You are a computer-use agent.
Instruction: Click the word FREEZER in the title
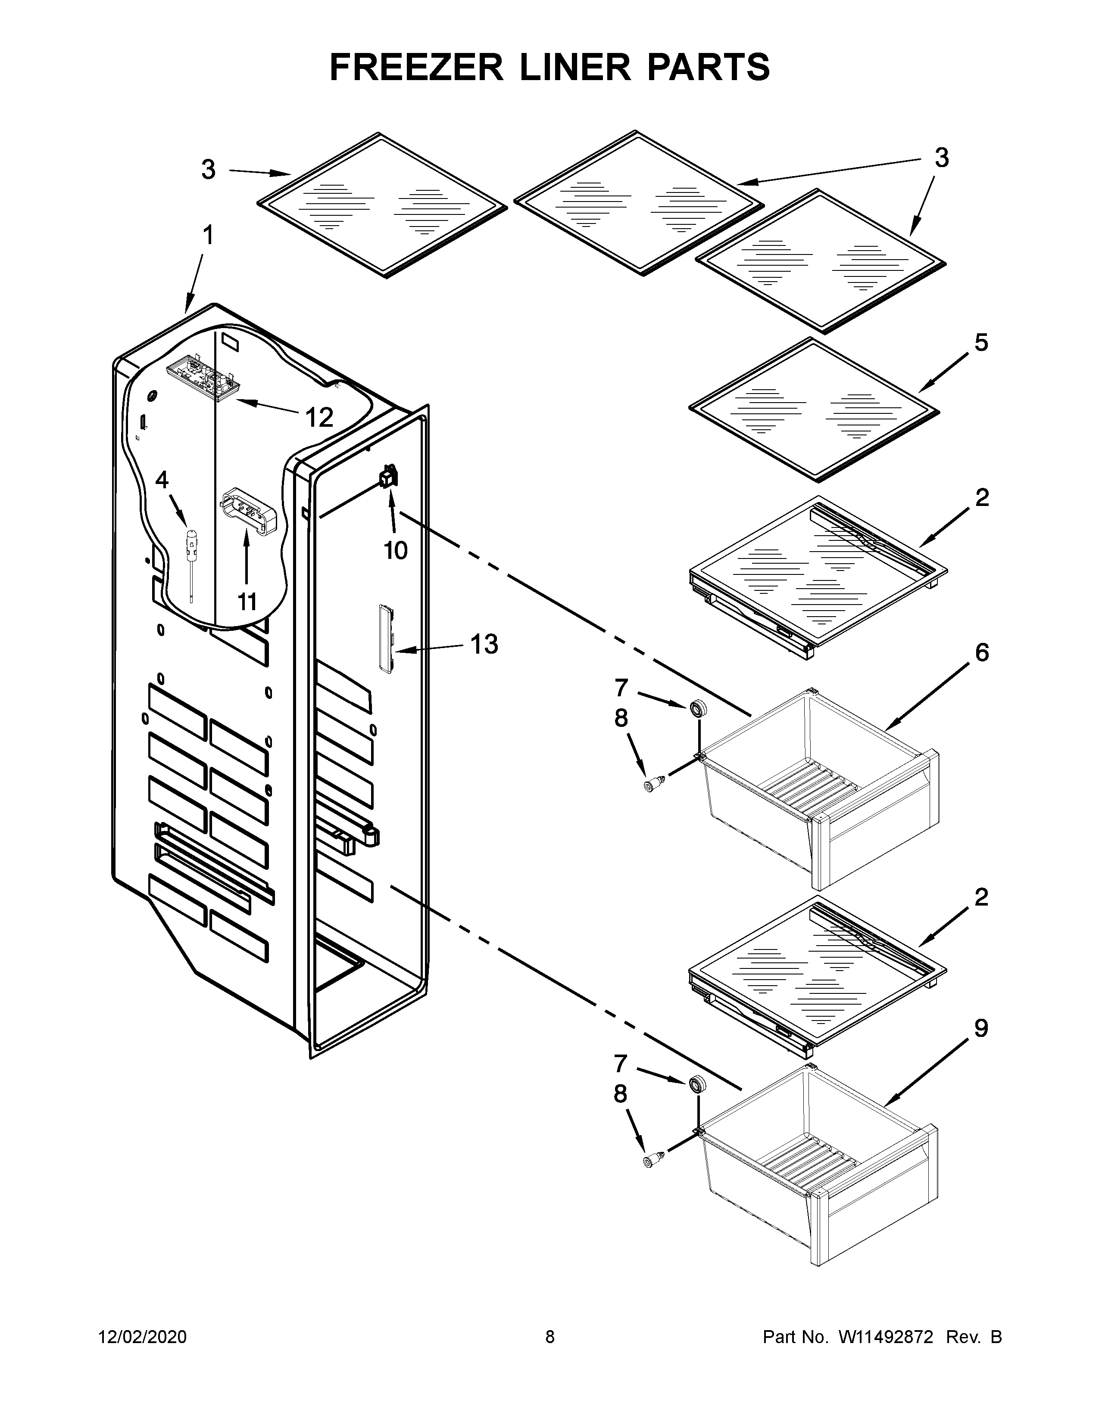point(416,67)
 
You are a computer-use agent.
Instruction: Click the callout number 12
point(319,418)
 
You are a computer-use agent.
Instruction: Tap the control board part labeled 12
point(200,379)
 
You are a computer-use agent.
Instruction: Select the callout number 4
point(162,481)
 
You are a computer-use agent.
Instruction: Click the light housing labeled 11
point(248,512)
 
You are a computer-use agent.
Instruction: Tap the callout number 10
point(395,550)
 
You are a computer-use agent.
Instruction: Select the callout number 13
point(484,644)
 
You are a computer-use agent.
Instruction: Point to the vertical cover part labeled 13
point(386,639)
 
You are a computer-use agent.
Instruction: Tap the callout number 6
point(982,652)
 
